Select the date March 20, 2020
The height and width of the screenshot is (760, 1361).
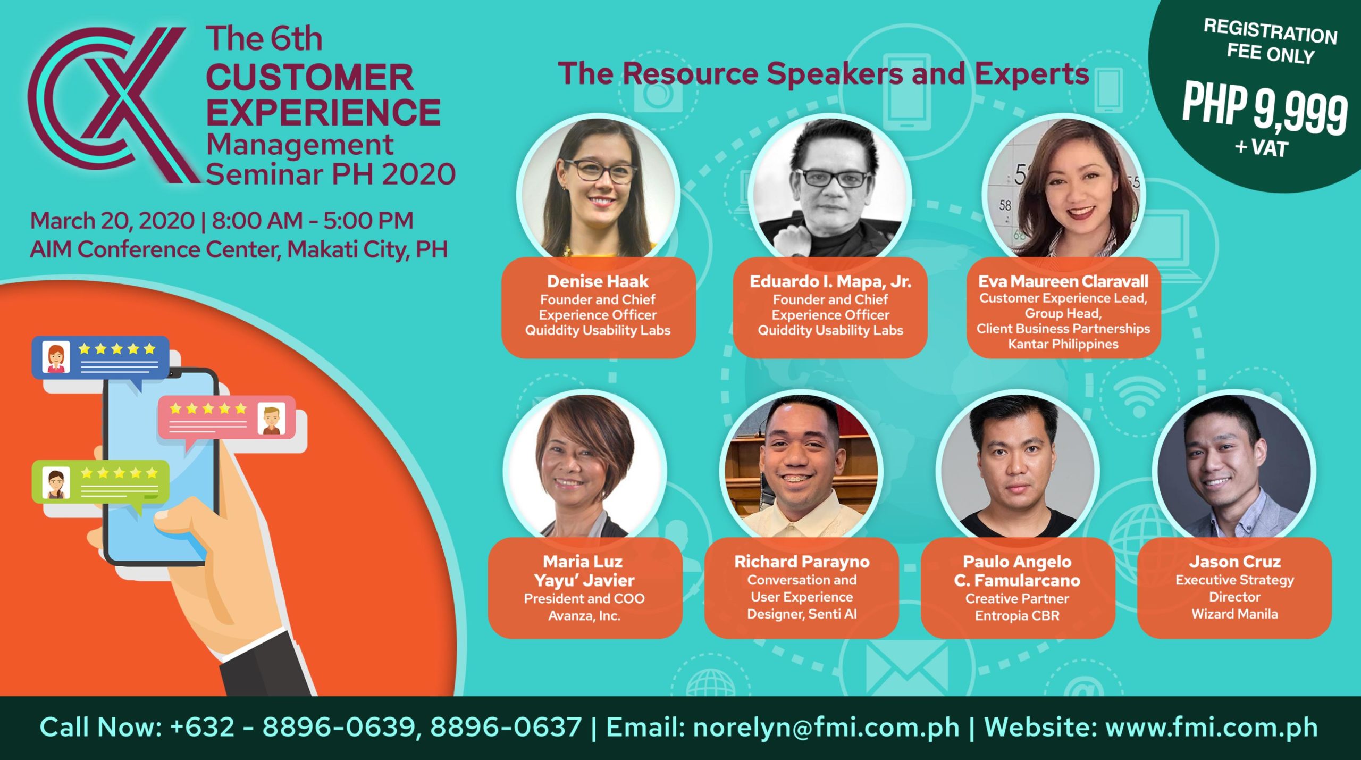[x=112, y=221]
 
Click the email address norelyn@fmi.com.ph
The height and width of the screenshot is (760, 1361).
[x=826, y=727]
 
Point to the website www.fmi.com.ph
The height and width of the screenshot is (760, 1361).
[x=1212, y=727]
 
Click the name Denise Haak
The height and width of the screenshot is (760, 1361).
[x=598, y=281]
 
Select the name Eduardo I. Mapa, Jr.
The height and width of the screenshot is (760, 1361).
[x=830, y=281]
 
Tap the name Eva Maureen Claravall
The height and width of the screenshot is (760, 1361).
[x=1063, y=281]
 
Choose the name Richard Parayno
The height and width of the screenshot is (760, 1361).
[x=802, y=562]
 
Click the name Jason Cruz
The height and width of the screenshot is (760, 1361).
[x=1234, y=562]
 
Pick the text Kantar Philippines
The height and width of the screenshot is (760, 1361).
[x=1063, y=344]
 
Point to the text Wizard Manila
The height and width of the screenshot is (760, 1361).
[x=1234, y=614]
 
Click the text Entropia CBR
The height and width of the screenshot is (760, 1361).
[x=1017, y=615]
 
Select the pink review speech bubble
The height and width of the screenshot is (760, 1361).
[x=226, y=418]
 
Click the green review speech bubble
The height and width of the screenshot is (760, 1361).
[x=100, y=481]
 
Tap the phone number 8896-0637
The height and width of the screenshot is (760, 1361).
[x=506, y=727]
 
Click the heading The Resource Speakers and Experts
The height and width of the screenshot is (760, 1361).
[x=824, y=73]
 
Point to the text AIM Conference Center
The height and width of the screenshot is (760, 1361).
[x=154, y=249]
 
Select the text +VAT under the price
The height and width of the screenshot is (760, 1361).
[x=1262, y=147]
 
